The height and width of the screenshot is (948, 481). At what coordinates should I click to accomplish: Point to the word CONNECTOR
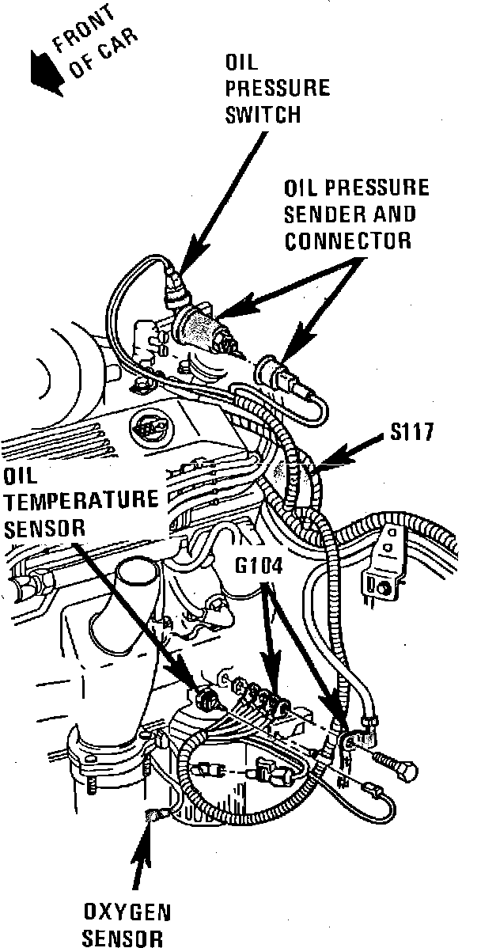point(348,241)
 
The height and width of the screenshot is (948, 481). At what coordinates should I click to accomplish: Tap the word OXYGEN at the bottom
point(127,912)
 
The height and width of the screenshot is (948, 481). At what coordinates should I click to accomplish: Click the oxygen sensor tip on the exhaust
point(151,816)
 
